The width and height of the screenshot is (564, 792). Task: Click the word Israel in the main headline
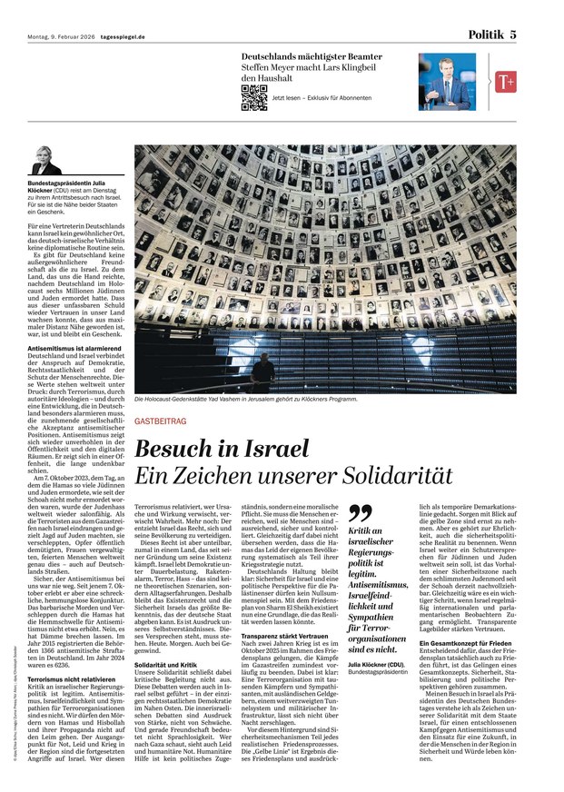pyautogui.click(x=272, y=449)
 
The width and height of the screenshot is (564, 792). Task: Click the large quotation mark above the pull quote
pyautogui.click(x=361, y=514)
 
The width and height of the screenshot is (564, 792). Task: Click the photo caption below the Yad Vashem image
pyautogui.click(x=245, y=399)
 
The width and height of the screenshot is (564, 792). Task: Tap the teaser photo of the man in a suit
pyautogui.click(x=446, y=82)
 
